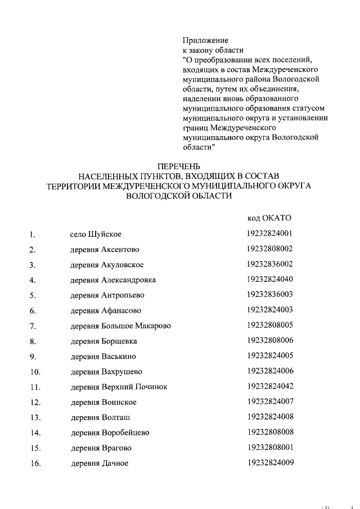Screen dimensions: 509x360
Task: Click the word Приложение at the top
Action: click(x=205, y=40)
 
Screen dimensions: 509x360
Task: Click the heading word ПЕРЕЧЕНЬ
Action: click(x=179, y=166)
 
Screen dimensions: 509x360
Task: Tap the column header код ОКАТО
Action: click(x=269, y=218)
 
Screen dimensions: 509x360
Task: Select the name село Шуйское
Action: click(x=92, y=234)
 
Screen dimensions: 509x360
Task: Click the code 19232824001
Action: click(x=269, y=233)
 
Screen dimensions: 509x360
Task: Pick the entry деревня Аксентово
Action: click(x=105, y=249)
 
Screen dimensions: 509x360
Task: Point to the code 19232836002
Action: click(x=269, y=264)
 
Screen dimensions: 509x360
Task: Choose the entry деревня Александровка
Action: click(x=113, y=280)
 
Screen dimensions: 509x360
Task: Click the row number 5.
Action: click(x=33, y=295)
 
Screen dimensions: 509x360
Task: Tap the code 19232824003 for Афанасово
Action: click(x=269, y=309)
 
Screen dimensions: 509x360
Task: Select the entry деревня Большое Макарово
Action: click(x=120, y=326)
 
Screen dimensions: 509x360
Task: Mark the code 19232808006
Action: click(x=269, y=340)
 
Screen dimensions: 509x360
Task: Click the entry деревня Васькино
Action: click(x=103, y=356)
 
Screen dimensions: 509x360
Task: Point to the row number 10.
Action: click(x=34, y=372)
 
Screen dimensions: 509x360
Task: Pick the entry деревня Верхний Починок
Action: click(x=119, y=387)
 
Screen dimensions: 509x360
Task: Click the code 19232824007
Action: click(x=269, y=402)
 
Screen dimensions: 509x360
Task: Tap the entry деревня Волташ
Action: click(x=101, y=417)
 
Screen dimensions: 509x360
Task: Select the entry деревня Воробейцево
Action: click(x=110, y=433)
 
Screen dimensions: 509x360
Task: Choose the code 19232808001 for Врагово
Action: click(x=269, y=447)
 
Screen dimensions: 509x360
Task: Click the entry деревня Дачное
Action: click(x=100, y=463)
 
